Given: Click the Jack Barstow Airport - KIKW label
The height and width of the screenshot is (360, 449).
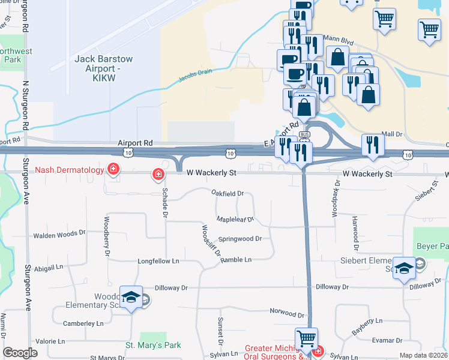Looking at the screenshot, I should pyautogui.click(x=103, y=64).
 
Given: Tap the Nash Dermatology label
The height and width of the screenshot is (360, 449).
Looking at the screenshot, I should pyautogui.click(x=69, y=170).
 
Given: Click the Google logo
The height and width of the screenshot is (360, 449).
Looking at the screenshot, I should pyautogui.click(x=20, y=353).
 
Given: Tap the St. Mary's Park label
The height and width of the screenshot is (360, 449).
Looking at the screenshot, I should pyautogui.click(x=152, y=345).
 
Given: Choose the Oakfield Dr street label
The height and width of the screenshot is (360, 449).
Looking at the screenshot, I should pyautogui.click(x=228, y=193).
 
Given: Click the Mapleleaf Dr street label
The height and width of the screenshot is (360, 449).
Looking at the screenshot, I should pyautogui.click(x=235, y=220).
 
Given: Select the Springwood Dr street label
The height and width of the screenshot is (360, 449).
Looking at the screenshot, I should pyautogui.click(x=240, y=238).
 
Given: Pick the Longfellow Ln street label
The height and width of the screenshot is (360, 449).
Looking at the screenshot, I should pyautogui.click(x=158, y=261).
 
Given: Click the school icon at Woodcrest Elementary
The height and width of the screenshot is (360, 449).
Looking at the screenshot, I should pyautogui.click(x=130, y=296).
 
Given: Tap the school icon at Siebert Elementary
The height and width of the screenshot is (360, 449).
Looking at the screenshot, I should pyautogui.click(x=405, y=267).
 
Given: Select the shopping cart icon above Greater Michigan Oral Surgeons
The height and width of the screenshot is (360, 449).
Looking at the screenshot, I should pyautogui.click(x=306, y=338).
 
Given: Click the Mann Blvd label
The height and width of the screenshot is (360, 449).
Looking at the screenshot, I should pyautogui.click(x=336, y=38).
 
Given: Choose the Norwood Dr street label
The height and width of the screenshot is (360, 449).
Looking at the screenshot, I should pyautogui.click(x=287, y=313).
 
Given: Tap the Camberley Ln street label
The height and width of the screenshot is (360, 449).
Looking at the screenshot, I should pyautogui.click(x=83, y=323).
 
